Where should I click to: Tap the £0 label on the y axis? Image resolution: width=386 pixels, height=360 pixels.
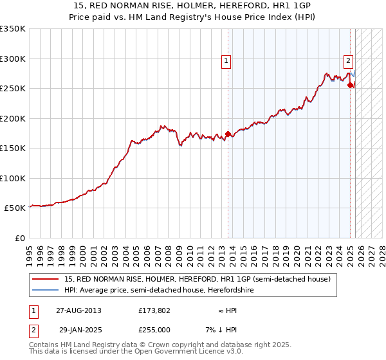click(x=19, y=238)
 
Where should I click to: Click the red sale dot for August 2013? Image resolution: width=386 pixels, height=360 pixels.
click(x=228, y=134)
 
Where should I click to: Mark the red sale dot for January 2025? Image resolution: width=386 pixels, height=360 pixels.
click(x=351, y=85)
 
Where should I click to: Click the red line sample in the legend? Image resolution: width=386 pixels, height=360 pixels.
click(x=46, y=278)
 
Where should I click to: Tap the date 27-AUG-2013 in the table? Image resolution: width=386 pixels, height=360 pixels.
click(x=78, y=310)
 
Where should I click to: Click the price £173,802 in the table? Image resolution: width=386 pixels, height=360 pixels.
click(x=154, y=310)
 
